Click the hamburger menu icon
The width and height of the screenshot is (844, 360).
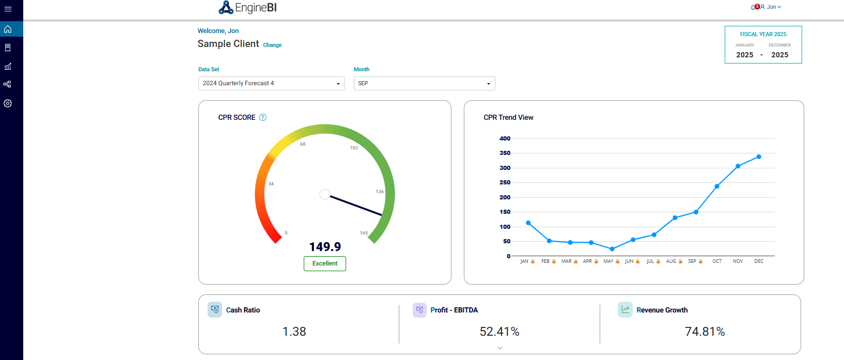pos(8,9)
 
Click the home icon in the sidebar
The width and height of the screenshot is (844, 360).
pos(8,29)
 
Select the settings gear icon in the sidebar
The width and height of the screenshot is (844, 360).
pos(8,103)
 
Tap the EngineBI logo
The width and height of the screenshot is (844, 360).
pos(248,8)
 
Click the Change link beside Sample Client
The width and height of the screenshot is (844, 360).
pos(272,45)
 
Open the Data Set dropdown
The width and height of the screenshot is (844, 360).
pos(271,83)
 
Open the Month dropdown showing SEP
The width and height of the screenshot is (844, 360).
pos(424,83)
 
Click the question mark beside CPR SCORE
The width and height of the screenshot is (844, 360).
pos(263,117)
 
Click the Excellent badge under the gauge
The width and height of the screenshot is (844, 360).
pos(325,263)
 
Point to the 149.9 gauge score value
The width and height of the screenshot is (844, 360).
pos(325,247)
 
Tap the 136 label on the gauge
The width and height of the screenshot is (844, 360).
pos(380,192)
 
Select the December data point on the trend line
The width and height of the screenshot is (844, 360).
pos(759,156)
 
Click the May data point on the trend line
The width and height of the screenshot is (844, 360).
pos(612,249)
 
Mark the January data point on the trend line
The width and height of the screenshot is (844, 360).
pos(528,223)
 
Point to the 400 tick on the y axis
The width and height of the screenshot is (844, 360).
pos(505,138)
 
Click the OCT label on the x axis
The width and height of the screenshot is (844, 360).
pos(717,261)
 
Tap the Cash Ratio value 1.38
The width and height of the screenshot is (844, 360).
pos(294,332)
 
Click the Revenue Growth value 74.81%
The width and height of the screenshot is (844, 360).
pos(705,332)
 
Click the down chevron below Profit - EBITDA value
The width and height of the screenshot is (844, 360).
pos(499,348)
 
